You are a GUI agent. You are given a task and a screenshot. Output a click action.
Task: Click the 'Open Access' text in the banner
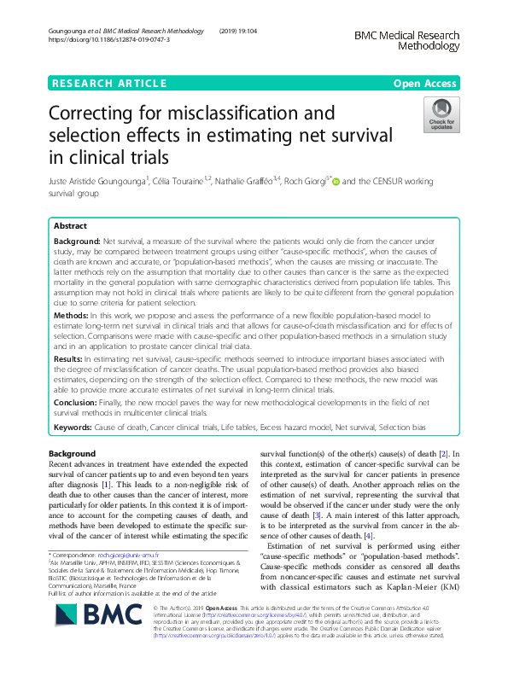point(425,83)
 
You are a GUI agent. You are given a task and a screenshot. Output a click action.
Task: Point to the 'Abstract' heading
point(69,227)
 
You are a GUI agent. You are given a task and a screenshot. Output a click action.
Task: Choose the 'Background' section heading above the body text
point(72,453)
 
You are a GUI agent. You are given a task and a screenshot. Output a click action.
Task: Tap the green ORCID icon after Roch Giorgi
point(336,181)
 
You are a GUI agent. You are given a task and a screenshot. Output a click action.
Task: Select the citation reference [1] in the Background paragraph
point(106,486)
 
